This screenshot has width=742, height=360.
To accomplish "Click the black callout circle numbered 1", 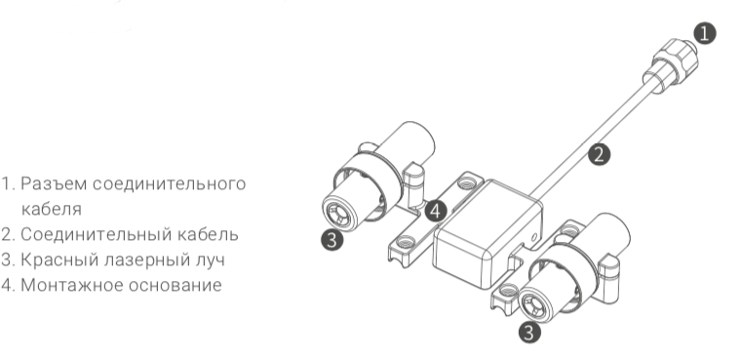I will click(704, 33).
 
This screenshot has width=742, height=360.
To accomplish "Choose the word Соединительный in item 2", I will click(83, 235).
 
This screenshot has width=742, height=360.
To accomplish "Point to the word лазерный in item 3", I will click(135, 260).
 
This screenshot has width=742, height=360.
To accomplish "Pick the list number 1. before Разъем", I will click(8, 184).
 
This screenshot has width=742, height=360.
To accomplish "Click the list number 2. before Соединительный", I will click(8, 235).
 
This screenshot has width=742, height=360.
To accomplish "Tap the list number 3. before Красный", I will click(8, 260).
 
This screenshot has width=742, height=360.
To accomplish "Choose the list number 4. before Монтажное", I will click(8, 285).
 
